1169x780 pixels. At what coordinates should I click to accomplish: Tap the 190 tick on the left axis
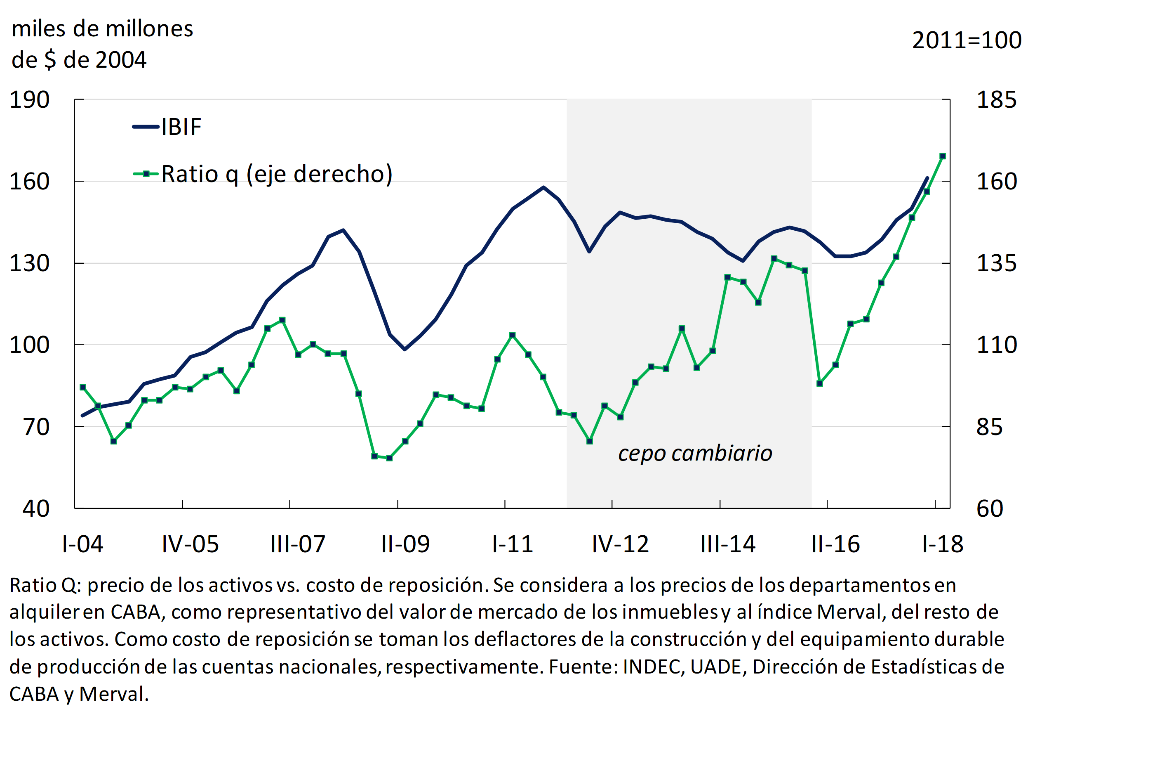pos(30,100)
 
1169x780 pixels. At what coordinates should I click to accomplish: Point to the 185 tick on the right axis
pos(997,100)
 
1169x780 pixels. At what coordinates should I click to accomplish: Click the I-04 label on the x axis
pos(82,544)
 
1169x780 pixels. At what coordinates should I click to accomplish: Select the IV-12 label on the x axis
pos(620,544)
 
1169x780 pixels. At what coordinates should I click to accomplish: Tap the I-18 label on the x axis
pos(942,544)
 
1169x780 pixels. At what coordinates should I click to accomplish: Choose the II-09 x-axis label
pos(405,544)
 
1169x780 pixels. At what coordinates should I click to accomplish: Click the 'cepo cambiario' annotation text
pos(695,453)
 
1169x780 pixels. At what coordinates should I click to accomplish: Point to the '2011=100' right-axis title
pos(967,40)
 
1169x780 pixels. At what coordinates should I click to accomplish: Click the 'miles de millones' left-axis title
pos(102,29)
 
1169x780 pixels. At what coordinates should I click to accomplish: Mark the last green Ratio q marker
pos(942,156)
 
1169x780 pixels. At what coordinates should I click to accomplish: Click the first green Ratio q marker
pos(83,387)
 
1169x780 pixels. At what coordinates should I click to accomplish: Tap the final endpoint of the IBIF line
pos(927,177)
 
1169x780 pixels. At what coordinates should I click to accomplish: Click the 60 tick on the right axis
pos(990,509)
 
